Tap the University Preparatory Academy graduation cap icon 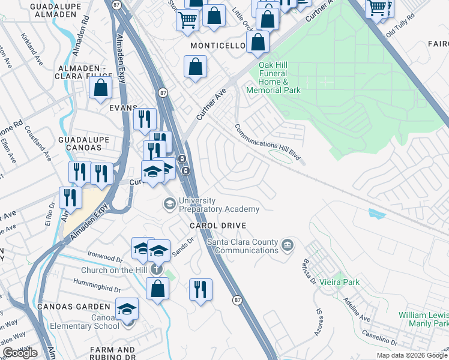point(170,205)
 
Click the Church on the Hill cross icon point(157,269)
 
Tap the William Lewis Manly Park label point(424,319)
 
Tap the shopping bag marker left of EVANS point(100,88)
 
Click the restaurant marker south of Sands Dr point(200,289)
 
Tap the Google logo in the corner point(20,353)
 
